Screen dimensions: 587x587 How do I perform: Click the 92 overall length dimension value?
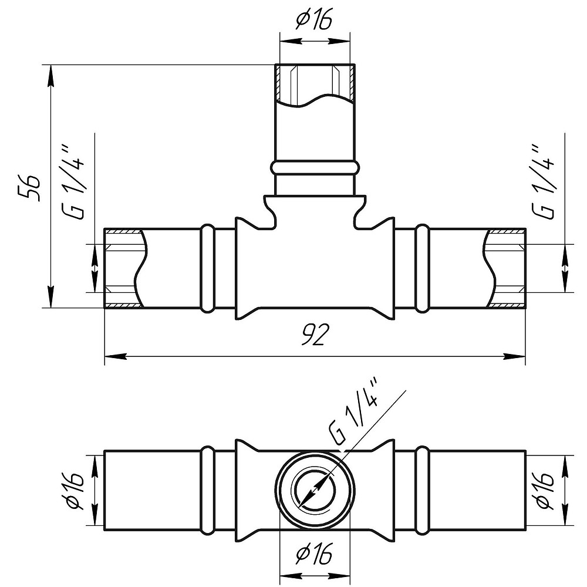(x=315, y=335)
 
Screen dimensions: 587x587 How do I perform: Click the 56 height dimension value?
(x=28, y=188)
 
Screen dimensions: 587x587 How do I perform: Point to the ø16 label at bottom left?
(x=76, y=491)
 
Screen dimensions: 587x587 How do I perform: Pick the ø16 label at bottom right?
(x=544, y=491)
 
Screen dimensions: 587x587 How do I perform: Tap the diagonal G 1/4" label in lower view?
(x=355, y=413)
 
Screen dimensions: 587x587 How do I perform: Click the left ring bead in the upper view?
(x=207, y=268)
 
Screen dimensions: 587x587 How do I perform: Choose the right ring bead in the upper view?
(x=423, y=268)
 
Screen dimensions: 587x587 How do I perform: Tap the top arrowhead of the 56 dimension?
(x=50, y=76)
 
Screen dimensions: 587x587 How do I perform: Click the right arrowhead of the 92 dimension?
(x=514, y=356)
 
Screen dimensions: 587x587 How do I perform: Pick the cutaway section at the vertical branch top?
(x=315, y=85)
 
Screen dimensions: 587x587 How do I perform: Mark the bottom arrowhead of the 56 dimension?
(x=50, y=297)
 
